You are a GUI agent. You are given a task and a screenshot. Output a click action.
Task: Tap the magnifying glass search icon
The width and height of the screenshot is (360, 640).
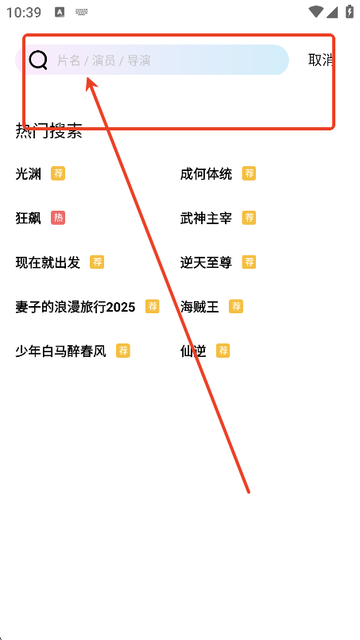tap(38, 60)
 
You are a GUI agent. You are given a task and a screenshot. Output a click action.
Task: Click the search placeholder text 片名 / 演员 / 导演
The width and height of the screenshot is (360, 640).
tap(103, 60)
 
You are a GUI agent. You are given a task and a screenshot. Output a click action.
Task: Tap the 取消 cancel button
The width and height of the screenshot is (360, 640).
tap(321, 60)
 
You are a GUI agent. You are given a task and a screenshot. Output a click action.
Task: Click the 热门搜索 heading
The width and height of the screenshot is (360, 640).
tap(48, 131)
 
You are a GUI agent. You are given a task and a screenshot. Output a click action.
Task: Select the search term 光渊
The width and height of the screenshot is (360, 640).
tap(28, 174)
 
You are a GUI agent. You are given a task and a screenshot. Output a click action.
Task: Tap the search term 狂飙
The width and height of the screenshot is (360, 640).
tap(28, 218)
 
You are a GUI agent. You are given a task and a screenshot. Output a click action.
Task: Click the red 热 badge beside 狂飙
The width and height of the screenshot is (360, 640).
tap(58, 218)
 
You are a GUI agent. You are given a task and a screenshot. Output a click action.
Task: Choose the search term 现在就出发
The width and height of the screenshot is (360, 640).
tap(48, 262)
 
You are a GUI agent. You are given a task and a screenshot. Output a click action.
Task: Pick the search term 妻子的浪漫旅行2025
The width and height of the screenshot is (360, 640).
tap(75, 307)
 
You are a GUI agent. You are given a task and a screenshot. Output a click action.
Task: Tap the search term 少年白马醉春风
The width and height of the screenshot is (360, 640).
tap(61, 351)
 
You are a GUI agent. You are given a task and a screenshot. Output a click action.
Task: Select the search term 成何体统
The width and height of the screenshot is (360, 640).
tap(206, 174)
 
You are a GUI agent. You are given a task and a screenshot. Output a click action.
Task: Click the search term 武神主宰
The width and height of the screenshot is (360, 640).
tap(206, 218)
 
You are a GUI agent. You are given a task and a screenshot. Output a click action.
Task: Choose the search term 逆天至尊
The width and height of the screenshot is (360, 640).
tap(206, 262)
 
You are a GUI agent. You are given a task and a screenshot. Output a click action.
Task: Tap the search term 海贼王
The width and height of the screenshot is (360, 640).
tap(199, 307)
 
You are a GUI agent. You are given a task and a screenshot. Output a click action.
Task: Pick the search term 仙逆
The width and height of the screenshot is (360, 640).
tap(193, 351)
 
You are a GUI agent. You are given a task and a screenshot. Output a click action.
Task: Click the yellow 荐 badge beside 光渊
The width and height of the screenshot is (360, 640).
tap(58, 173)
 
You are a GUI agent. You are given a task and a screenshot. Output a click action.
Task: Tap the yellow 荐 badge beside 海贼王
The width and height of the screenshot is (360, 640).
tap(236, 306)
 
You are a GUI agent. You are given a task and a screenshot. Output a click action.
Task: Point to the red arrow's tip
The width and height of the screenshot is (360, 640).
tap(87, 76)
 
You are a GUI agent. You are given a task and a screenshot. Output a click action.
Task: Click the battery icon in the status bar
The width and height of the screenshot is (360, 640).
tap(350, 11)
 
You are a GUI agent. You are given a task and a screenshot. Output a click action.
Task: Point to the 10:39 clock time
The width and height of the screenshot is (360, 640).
tap(24, 12)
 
